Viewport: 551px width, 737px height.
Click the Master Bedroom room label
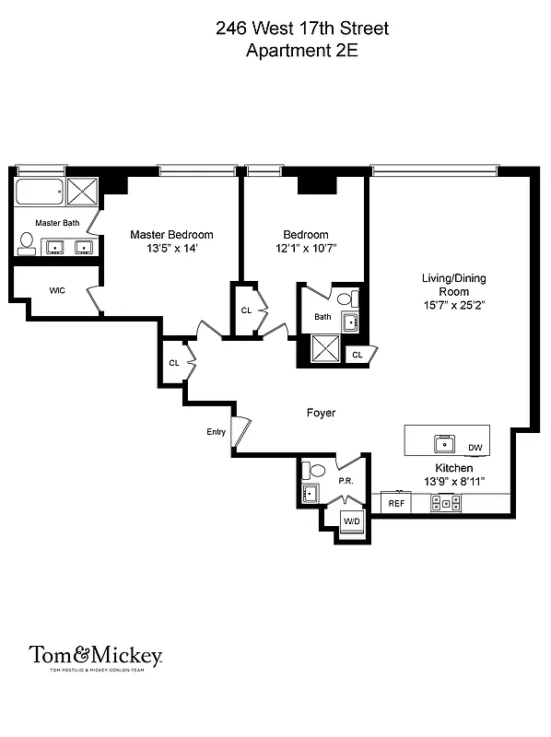pos(171,235)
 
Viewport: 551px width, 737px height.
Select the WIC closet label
pos(57,290)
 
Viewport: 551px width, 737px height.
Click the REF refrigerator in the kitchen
pos(396,503)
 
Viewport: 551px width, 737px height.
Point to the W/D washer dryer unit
pos(351,521)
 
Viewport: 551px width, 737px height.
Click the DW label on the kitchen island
pos(475,449)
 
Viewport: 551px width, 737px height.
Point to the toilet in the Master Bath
pos(26,243)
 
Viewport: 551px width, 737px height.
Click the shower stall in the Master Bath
pos(83,192)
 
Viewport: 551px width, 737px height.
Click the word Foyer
pos(321,414)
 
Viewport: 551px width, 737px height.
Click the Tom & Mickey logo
pos(96,656)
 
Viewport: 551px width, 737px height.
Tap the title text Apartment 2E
pos(301,52)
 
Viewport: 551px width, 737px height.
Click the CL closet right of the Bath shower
pos(358,353)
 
